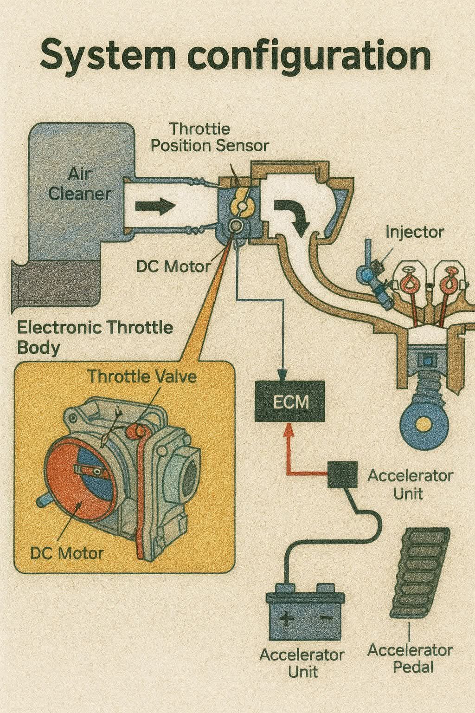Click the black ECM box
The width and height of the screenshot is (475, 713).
[x=290, y=401]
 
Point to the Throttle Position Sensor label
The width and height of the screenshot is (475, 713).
[x=210, y=137]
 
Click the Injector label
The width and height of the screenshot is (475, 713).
[x=414, y=233]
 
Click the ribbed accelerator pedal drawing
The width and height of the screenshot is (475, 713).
[x=419, y=572]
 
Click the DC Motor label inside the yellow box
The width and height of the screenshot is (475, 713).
[x=67, y=553]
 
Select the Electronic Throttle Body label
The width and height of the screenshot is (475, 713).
[x=95, y=337]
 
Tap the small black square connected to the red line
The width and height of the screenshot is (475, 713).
[x=342, y=474]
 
